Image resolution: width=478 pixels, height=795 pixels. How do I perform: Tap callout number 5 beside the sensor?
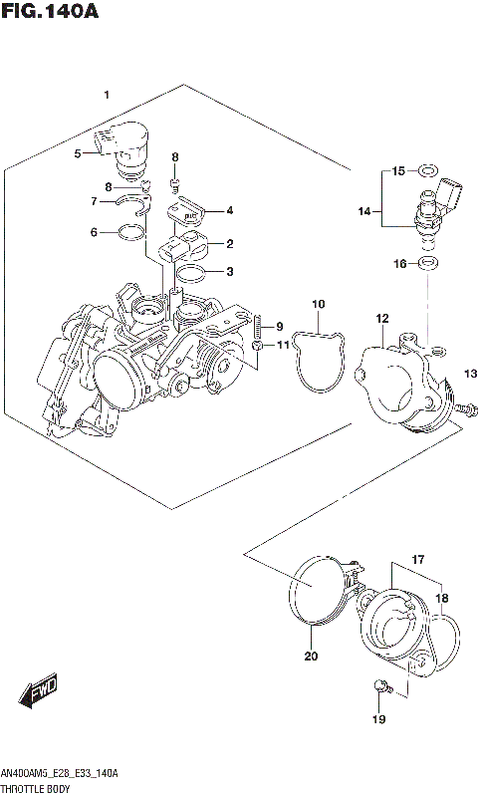pos(77,153)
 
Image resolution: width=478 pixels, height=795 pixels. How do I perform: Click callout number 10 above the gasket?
pos(318,304)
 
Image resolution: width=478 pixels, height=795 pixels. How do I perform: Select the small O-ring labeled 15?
pos(427,170)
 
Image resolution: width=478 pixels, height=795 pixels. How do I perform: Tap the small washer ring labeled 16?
pos(428,263)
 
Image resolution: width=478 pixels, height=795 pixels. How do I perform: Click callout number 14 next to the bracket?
pos(364,211)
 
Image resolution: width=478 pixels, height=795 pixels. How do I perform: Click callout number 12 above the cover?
pos(381,319)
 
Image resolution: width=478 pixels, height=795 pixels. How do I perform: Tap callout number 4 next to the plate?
pos(229,210)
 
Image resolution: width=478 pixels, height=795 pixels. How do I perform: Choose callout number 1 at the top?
pos(106,94)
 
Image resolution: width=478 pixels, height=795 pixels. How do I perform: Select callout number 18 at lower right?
pos(443,599)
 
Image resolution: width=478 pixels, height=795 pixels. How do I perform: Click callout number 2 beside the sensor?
pos(229,244)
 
